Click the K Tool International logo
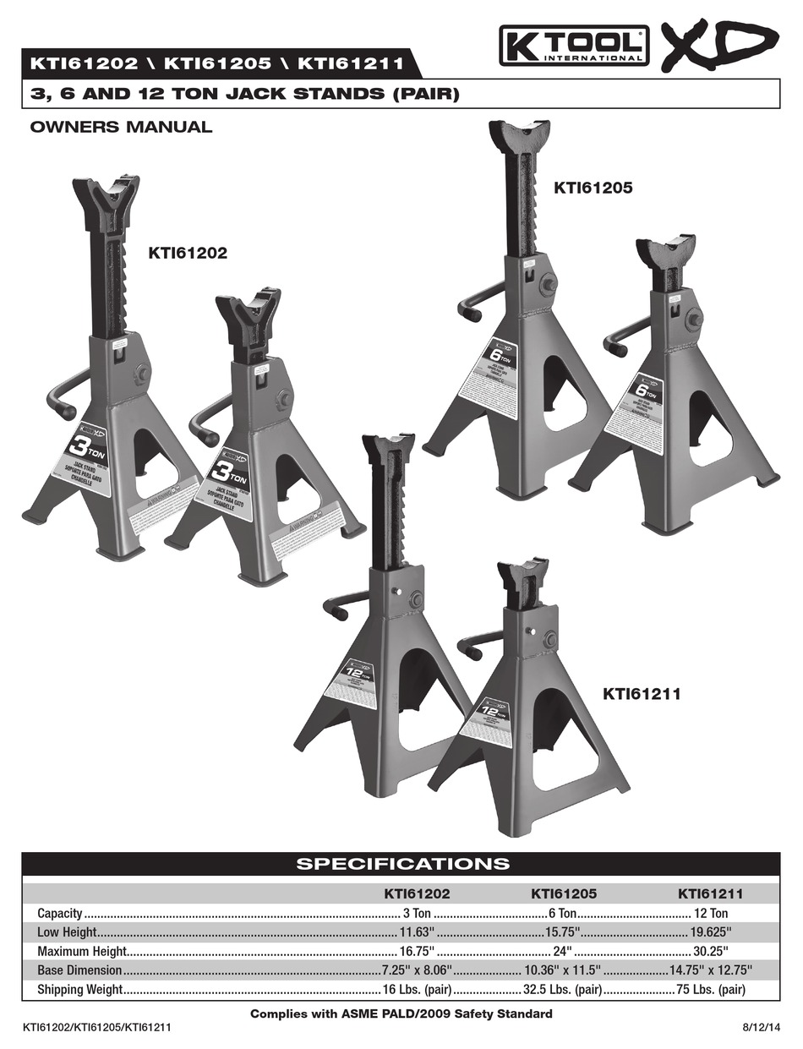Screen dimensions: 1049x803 [x=573, y=46]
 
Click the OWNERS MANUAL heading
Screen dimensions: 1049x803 [x=121, y=128]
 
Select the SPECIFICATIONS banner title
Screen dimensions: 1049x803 [x=401, y=863]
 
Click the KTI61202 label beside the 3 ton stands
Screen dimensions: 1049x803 [x=188, y=252]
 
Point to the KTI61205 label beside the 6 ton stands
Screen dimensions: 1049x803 [x=593, y=188]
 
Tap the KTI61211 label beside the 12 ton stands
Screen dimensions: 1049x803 [x=642, y=694]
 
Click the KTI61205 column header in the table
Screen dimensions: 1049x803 [x=563, y=893]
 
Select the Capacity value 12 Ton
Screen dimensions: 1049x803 [x=711, y=913]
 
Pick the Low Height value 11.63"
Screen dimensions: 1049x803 [x=417, y=932]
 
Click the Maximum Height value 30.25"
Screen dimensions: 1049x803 [x=713, y=951]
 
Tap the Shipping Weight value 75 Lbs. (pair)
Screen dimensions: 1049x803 [x=710, y=989]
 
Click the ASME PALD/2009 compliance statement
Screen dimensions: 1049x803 [x=401, y=1013]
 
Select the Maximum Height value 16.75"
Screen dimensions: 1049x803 [x=417, y=951]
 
